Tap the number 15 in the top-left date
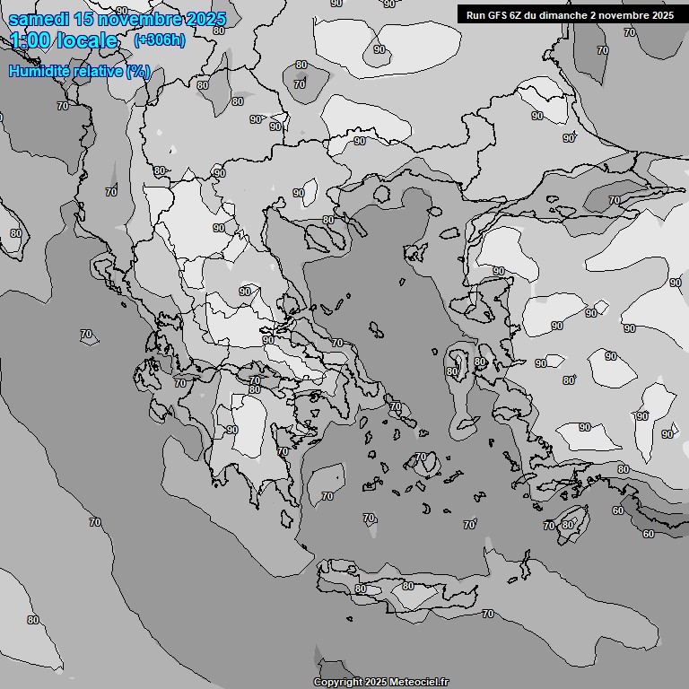point(83,20)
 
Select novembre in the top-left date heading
point(140,20)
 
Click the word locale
point(87,40)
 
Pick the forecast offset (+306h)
point(159,40)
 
